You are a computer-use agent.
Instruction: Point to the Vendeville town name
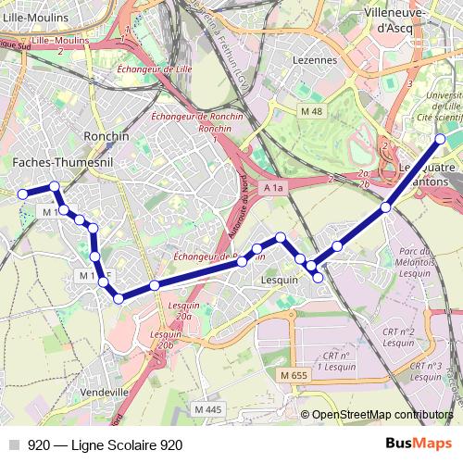(x=105, y=392)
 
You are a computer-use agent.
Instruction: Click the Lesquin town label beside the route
(x=281, y=279)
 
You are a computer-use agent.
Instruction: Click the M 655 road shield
(x=293, y=374)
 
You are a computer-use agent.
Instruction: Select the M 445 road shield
(x=208, y=409)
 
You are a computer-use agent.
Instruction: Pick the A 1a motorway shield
(x=272, y=188)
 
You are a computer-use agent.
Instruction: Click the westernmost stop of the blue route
(x=22, y=194)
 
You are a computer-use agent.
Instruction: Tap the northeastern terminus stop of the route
(x=440, y=139)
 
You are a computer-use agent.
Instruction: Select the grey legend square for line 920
(x=14, y=445)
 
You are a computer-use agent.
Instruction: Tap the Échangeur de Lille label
(x=159, y=68)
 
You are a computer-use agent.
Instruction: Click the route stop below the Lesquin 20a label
(x=155, y=284)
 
